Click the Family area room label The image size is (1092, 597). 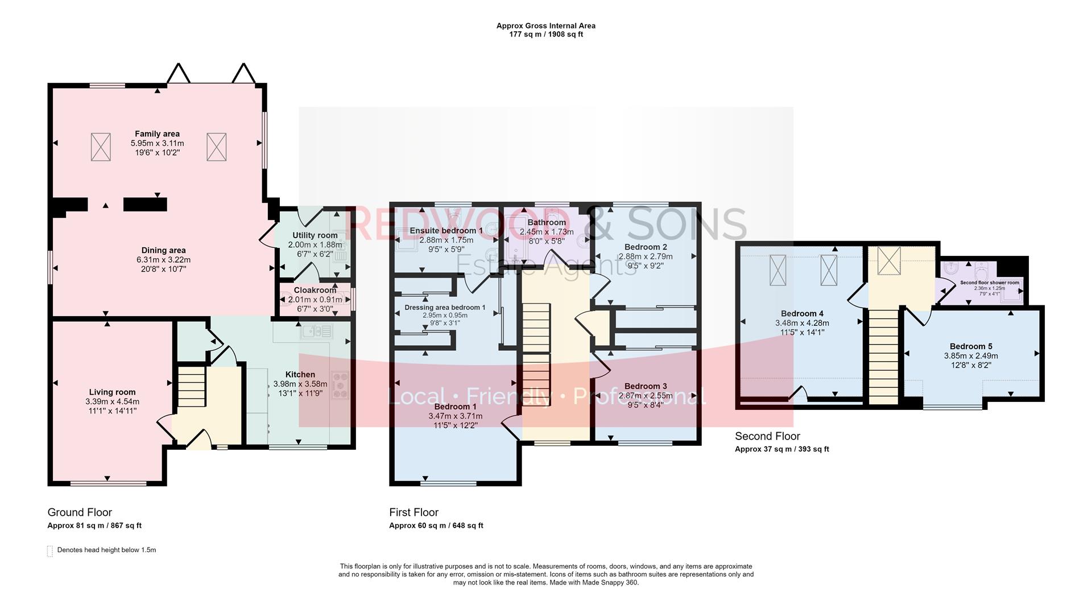(x=157, y=134)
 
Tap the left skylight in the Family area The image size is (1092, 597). (x=101, y=147)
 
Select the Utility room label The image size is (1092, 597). (x=315, y=235)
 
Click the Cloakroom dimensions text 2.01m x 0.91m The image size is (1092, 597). (x=315, y=300)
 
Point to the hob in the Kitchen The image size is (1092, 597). (x=340, y=385)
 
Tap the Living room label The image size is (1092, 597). (x=112, y=392)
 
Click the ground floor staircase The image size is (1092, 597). (x=192, y=387)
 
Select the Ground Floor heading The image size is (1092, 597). (x=80, y=512)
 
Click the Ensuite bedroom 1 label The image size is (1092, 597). (x=446, y=231)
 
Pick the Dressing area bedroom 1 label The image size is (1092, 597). (x=445, y=308)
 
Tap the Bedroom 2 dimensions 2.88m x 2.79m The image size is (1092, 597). (x=645, y=256)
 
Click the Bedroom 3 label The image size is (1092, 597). (x=645, y=387)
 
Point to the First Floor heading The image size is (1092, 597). (x=413, y=512)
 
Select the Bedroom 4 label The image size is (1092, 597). (x=802, y=314)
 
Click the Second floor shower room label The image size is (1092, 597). (x=989, y=283)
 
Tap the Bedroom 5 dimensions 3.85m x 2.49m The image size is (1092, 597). (x=974, y=356)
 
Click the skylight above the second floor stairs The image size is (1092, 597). (x=888, y=260)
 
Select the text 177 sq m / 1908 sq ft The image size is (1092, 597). (x=545, y=34)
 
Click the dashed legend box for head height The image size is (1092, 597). (x=50, y=551)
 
